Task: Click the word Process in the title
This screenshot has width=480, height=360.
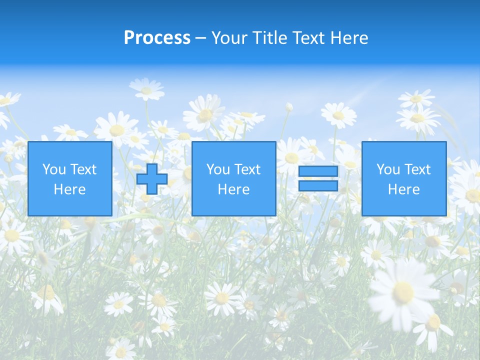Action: [x=157, y=38]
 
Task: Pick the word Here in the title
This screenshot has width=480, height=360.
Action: [x=349, y=38]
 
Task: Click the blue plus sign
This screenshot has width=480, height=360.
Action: [x=152, y=178]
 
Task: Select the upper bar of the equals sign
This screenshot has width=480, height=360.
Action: [x=318, y=171]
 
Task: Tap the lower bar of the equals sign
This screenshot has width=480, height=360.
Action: [x=318, y=186]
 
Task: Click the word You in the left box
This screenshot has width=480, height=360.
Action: [x=53, y=169]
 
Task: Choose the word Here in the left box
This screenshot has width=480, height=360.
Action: [x=69, y=189]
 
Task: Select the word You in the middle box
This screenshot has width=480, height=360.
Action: [x=217, y=169]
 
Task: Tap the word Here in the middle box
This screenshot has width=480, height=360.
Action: [x=233, y=189]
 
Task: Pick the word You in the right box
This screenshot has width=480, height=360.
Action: [x=387, y=169]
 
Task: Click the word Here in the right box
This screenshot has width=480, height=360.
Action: [x=403, y=189]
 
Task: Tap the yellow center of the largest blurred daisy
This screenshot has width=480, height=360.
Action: [x=403, y=291]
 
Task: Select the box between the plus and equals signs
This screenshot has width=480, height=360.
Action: [x=233, y=200]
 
